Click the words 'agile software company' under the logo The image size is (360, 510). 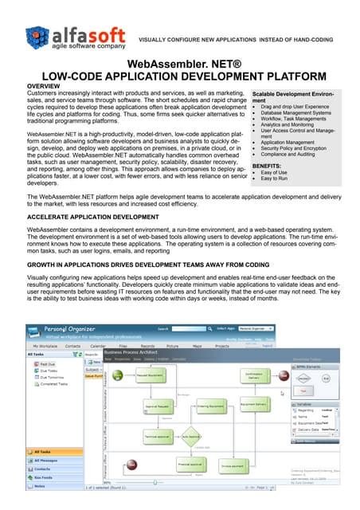pos(88,46)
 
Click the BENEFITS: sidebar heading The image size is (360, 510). pos(268,166)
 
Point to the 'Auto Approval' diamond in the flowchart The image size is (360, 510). pos(190,437)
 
